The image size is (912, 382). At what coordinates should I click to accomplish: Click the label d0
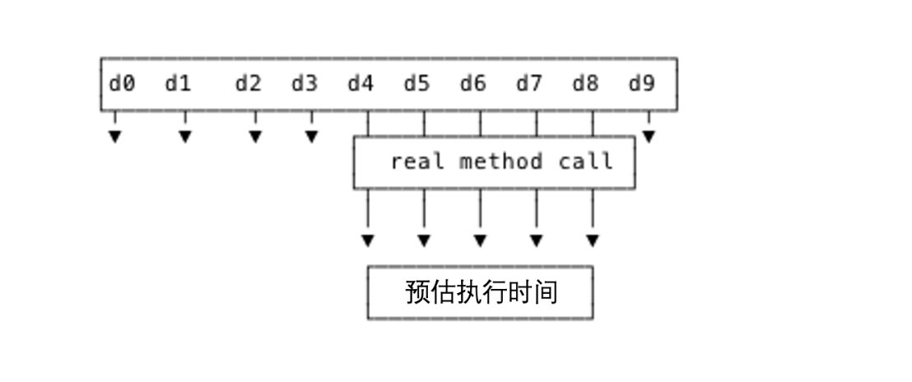pyautogui.click(x=122, y=84)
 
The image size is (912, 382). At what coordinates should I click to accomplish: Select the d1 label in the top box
pyautogui.click(x=178, y=84)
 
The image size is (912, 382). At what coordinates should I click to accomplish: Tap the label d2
pyautogui.click(x=248, y=84)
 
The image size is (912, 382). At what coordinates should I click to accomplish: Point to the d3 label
pyautogui.click(x=304, y=84)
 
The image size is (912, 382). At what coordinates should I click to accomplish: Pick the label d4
pyautogui.click(x=361, y=84)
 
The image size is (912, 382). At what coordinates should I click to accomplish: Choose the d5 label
pyautogui.click(x=416, y=84)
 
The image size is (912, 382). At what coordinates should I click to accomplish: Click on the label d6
pyautogui.click(x=472, y=84)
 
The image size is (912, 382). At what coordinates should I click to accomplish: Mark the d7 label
pyautogui.click(x=528, y=84)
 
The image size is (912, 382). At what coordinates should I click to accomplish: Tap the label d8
pyautogui.click(x=585, y=84)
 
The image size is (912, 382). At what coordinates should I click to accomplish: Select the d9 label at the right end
pyautogui.click(x=641, y=84)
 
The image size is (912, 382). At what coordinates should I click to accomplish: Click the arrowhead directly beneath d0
pyautogui.click(x=115, y=137)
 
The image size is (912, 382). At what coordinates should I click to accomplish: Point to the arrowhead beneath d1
pyautogui.click(x=185, y=137)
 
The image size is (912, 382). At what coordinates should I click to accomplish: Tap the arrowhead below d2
pyautogui.click(x=255, y=137)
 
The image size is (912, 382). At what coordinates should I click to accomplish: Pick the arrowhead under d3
pyautogui.click(x=311, y=137)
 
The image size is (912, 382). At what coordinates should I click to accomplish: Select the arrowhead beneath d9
pyautogui.click(x=649, y=137)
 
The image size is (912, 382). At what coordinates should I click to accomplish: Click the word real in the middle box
pyautogui.click(x=416, y=162)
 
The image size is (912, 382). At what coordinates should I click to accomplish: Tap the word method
pyautogui.click(x=501, y=162)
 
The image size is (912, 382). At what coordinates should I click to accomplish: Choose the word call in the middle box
pyautogui.click(x=586, y=162)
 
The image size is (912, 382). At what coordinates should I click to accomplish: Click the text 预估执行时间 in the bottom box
pyautogui.click(x=481, y=292)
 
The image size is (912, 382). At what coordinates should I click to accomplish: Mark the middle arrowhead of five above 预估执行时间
pyautogui.click(x=480, y=241)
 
